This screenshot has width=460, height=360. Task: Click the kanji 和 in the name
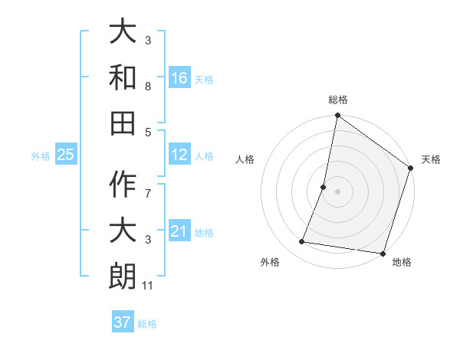[x=123, y=77]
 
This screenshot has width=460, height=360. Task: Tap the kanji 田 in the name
[x=123, y=123]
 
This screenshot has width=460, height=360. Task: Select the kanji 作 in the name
[x=123, y=185]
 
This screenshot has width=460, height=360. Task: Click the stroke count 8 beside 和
[x=148, y=87]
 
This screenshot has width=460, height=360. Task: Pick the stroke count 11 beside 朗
[x=149, y=286]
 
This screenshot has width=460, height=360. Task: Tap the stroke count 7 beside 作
[x=148, y=186]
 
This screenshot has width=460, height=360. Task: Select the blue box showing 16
[x=179, y=77]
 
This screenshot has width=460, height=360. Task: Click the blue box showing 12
[x=179, y=155]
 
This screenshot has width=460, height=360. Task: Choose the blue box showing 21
[x=179, y=231]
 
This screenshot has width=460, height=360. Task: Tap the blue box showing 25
[x=66, y=155]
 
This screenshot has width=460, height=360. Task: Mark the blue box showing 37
[x=123, y=322]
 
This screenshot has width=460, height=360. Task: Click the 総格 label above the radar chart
[x=338, y=100]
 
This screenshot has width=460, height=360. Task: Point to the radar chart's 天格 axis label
[x=431, y=159]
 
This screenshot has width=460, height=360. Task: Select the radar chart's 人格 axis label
[x=245, y=159]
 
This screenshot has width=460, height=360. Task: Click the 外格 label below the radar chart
[x=270, y=262]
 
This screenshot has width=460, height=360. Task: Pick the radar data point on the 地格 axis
[x=383, y=253]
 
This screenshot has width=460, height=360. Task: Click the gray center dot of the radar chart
[x=337, y=191]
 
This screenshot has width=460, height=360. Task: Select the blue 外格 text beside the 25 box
[x=41, y=155]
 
